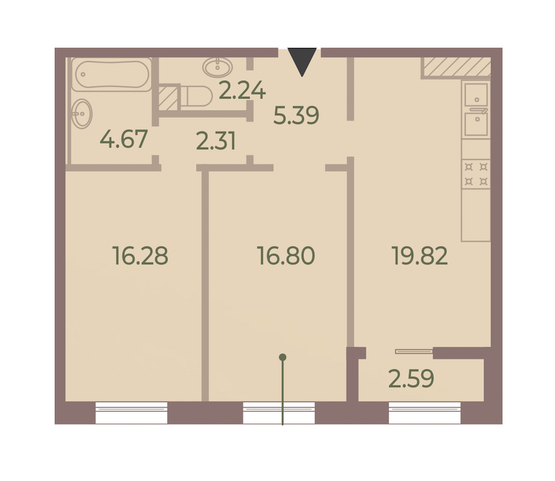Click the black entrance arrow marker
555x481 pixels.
[x=302, y=60]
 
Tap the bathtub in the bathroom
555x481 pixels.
[x=112, y=75]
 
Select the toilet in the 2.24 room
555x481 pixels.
[x=197, y=96]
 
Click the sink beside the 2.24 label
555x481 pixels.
[x=218, y=67]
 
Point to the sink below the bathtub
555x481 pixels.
[x=82, y=113]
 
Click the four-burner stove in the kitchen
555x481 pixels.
[x=476, y=174]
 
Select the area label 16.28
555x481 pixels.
[x=140, y=256]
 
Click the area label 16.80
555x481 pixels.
[x=286, y=256]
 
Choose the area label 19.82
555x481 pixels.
[x=419, y=256]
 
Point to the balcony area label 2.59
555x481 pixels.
[x=411, y=379]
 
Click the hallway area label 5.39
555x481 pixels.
[x=296, y=115]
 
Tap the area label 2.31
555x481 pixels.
[x=216, y=141]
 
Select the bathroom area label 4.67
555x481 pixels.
[x=123, y=139]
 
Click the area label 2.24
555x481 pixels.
[x=242, y=90]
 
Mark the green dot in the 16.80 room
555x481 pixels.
[x=282, y=358]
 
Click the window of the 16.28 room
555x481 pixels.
[x=131, y=413]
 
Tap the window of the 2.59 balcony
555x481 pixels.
[x=425, y=413]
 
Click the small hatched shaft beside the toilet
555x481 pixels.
[x=168, y=97]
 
